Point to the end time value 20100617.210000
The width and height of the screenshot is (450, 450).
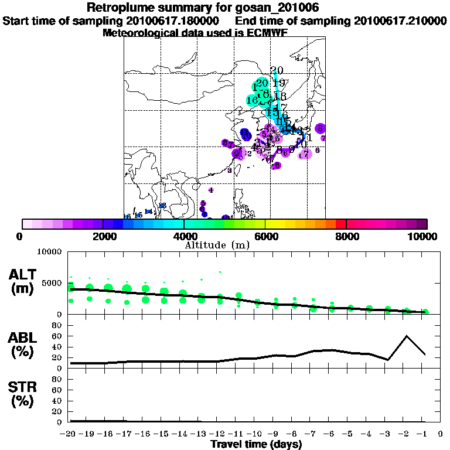click(x=400, y=21)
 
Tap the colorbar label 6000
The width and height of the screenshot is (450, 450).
click(x=265, y=236)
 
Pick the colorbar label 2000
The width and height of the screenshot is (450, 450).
click(x=103, y=236)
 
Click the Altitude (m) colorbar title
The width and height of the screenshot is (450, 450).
click(x=217, y=244)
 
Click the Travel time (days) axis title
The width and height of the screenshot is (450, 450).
click(x=256, y=445)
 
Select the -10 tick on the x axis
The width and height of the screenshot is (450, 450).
click(x=257, y=434)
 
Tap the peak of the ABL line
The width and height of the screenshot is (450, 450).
click(x=407, y=336)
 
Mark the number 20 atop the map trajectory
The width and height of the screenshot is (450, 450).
click(x=277, y=70)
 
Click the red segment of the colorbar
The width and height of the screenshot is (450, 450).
click(x=341, y=224)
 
